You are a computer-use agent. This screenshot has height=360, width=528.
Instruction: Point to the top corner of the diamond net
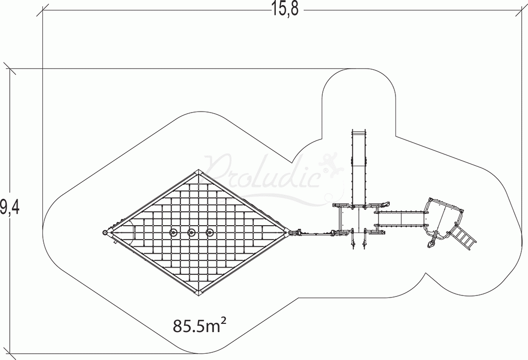click(x=199, y=171)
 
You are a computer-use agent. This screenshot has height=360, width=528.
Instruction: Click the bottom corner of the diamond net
click(x=199, y=294)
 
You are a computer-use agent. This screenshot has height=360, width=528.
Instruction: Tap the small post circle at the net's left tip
click(x=106, y=233)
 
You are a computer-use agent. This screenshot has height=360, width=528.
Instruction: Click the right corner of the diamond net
click(x=287, y=232)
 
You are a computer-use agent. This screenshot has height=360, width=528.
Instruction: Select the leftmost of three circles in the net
click(x=173, y=233)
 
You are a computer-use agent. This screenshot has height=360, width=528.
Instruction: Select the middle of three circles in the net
click(x=191, y=233)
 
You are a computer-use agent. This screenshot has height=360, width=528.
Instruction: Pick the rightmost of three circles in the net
click(x=209, y=233)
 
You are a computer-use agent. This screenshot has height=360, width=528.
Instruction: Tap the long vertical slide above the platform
click(x=359, y=165)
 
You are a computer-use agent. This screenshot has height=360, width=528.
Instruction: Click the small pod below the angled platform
click(x=431, y=243)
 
